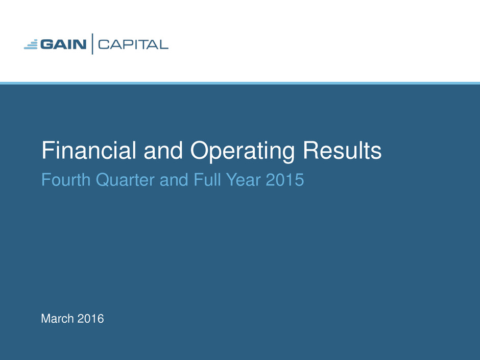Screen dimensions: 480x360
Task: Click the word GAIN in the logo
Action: [x=63, y=44]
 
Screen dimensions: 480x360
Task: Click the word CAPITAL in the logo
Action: [x=133, y=45]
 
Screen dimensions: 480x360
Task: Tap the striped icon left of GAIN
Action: [x=31, y=44]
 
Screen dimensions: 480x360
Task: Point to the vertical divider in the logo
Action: [x=92, y=44]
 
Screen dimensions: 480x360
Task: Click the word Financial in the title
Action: [x=89, y=150]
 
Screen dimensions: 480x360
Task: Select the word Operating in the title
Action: [x=243, y=151]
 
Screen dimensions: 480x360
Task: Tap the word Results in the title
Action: [x=342, y=150]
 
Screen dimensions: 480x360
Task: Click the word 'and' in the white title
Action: [x=163, y=150]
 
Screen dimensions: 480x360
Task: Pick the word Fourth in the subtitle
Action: [x=66, y=179]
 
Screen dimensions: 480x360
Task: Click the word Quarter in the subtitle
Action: [x=125, y=180]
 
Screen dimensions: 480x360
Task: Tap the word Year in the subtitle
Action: [x=244, y=179]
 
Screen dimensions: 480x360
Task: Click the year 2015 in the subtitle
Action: [x=285, y=179]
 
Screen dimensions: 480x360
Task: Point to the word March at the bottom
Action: [x=58, y=319]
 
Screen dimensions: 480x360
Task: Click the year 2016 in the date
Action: [x=90, y=319]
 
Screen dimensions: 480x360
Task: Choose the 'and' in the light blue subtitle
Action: [x=174, y=179]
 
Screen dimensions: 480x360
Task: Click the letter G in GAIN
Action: [x=47, y=44]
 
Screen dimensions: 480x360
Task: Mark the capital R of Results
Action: [x=310, y=150]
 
